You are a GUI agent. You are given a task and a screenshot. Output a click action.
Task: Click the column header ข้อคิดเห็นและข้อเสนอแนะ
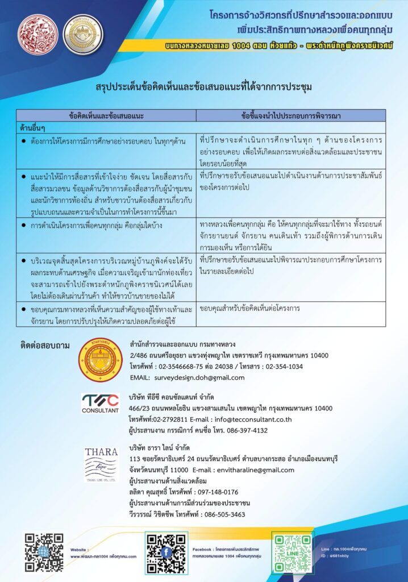point(106,115)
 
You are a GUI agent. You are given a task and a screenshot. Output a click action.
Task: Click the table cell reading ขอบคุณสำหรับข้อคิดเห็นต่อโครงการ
point(249,309)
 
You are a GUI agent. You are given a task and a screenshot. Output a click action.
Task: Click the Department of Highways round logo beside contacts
point(99,360)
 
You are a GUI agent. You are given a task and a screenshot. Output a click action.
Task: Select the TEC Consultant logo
point(100,403)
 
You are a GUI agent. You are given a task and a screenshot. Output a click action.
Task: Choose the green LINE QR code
point(292,552)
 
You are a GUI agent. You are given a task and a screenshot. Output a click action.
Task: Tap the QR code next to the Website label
point(44,552)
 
